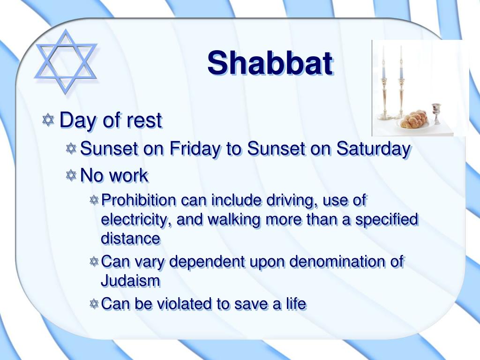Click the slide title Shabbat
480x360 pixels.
(270, 63)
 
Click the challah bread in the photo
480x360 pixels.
(413, 119)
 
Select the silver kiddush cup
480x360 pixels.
(436, 113)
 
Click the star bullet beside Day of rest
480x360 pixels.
(48, 120)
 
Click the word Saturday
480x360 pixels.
(374, 149)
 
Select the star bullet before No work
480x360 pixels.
(71, 175)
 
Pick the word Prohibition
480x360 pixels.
(139, 200)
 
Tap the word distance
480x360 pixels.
(131, 239)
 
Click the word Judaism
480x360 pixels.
(131, 281)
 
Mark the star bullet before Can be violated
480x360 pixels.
(94, 304)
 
